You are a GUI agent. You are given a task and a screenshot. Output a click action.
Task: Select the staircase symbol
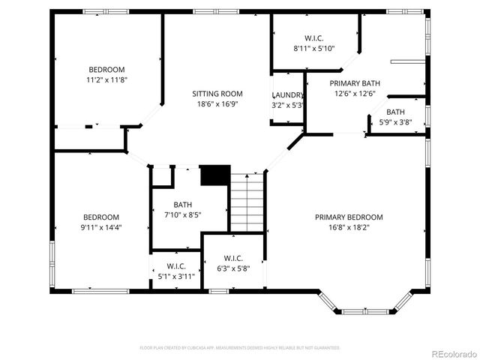coord(247,202)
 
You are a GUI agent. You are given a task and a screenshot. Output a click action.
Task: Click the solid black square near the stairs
coord(214,175)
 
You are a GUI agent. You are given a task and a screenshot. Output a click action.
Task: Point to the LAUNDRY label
coord(287,95)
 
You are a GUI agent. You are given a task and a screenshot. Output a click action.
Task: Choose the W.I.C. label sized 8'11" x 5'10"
coord(314,38)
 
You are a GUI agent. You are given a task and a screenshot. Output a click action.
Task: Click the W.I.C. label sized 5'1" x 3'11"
coord(176,266)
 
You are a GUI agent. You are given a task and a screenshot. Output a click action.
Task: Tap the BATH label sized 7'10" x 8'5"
coord(183,205)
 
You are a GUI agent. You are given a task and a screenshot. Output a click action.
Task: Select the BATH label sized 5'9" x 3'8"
coord(396,112)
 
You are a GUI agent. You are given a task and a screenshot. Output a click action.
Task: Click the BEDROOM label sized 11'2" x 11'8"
coord(106,69)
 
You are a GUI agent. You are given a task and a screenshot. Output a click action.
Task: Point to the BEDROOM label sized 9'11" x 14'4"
coord(101,217)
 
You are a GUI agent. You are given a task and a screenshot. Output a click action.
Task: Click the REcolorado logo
coord(449,353)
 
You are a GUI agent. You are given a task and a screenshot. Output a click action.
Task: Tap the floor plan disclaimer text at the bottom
coord(240,348)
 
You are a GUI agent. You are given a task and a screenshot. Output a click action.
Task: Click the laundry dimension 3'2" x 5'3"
coord(287,105)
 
